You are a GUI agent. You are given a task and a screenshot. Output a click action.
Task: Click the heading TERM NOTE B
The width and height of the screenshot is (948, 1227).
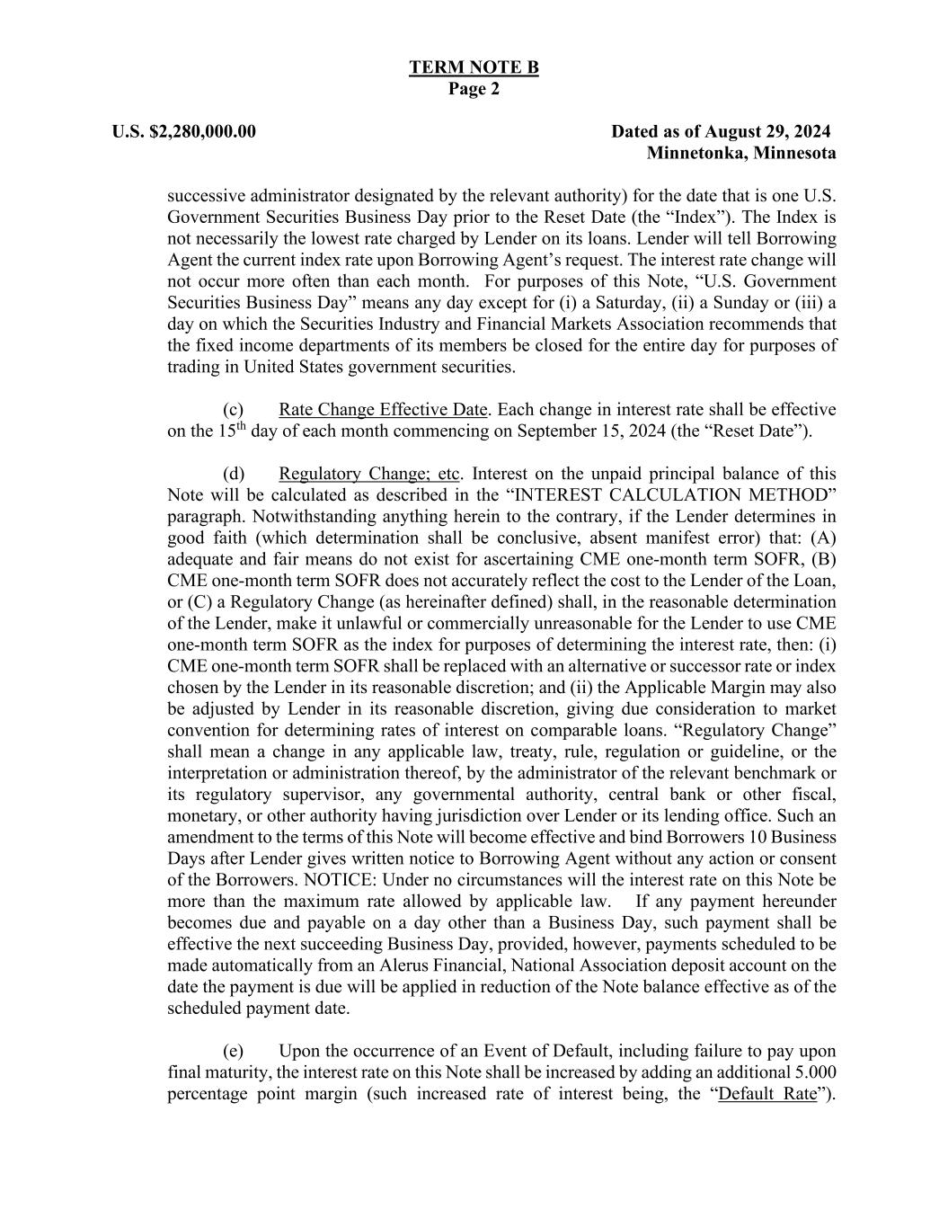pos(474,67)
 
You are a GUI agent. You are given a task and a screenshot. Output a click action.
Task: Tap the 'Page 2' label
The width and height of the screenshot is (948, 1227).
pos(474,89)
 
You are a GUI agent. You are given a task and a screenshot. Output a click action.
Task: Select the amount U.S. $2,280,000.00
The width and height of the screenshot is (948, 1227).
pos(184,132)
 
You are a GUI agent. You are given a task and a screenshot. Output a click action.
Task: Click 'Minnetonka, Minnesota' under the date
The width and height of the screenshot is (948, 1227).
pos(741,153)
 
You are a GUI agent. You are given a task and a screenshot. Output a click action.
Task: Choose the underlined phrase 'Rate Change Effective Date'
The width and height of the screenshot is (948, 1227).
pos(383,410)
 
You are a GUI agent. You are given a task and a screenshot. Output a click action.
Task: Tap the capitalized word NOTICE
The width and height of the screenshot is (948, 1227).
pos(337,880)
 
